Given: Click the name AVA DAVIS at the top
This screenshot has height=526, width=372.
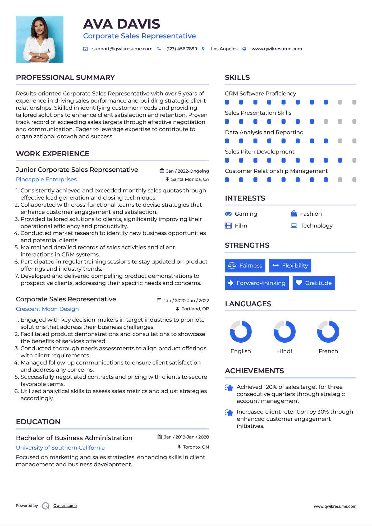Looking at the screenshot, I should [121, 24].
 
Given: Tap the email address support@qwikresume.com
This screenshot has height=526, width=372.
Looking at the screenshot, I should [122, 49].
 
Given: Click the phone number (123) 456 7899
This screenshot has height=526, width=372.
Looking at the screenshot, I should [182, 49].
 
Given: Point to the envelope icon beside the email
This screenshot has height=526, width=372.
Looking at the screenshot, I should [85, 49].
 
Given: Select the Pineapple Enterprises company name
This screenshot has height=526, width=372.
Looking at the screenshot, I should [46, 179].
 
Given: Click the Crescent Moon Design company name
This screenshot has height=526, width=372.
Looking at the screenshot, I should [47, 309].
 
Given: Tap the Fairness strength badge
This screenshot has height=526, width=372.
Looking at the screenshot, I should [245, 266].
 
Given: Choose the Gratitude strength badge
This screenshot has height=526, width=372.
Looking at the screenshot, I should [314, 283].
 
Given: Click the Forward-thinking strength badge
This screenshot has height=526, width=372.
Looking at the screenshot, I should [256, 283].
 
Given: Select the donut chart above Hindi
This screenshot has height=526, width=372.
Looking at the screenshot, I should [284, 331].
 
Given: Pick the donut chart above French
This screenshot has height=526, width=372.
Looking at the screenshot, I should [328, 331].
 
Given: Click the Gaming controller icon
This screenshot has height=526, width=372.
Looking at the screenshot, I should [228, 214].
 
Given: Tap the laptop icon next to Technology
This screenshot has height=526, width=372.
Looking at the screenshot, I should [294, 225].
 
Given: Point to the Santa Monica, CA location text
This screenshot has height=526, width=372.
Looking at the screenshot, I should [190, 179].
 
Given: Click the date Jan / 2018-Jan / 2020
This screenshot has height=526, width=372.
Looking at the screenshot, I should [186, 437].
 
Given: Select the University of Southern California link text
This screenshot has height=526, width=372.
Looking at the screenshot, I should [60, 448].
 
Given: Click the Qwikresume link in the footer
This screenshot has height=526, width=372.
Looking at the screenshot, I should [65, 506].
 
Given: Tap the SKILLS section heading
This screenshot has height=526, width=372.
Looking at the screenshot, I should [237, 77].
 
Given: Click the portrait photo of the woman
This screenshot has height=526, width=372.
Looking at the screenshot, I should [40, 40].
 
